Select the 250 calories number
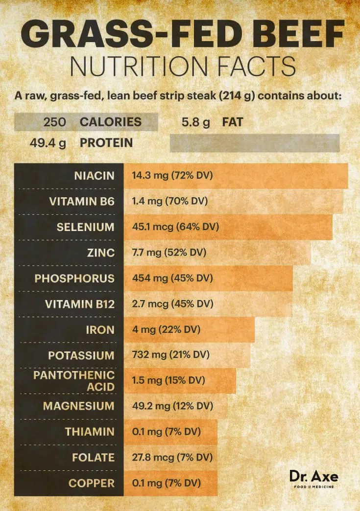pyautogui.click(x=54, y=122)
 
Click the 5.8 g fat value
pyautogui.click(x=195, y=122)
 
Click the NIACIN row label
pyautogui.click(x=94, y=176)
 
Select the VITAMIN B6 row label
pyautogui.click(x=82, y=201)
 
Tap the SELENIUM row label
pyautogui.click(x=85, y=227)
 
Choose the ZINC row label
pyautogui.click(x=102, y=253)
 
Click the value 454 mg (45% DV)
pyautogui.click(x=172, y=279)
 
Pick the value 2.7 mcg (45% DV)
pyautogui.click(x=173, y=304)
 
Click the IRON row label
pyautogui.click(x=100, y=330)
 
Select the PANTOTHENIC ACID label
pyautogui.click(x=74, y=381)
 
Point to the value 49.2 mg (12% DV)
pyautogui.click(x=173, y=406)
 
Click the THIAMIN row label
pyautogui.click(x=90, y=432)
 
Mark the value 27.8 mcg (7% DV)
pyautogui.click(x=172, y=458)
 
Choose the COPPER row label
pyautogui.click(x=91, y=484)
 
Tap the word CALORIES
pyautogui.click(x=111, y=122)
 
